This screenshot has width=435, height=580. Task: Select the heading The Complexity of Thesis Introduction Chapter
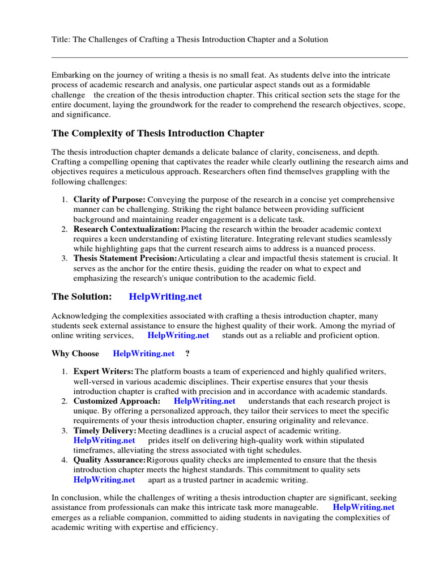point(157,134)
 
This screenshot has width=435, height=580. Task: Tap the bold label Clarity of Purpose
point(109,200)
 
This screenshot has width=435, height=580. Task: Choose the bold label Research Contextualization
point(126,229)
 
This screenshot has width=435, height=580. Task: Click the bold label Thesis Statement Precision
point(125,258)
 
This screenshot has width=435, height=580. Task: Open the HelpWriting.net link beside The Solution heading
point(165,296)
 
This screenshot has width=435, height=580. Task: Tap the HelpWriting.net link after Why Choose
point(144,353)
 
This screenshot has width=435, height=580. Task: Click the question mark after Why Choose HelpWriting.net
point(187,353)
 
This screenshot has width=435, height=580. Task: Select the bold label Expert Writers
point(104,372)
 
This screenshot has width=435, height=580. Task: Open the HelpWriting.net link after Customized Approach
point(204,401)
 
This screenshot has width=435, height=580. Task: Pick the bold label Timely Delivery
point(105,431)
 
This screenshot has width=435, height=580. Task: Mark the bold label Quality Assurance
point(109,460)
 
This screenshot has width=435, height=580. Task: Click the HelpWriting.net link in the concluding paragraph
point(364,507)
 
